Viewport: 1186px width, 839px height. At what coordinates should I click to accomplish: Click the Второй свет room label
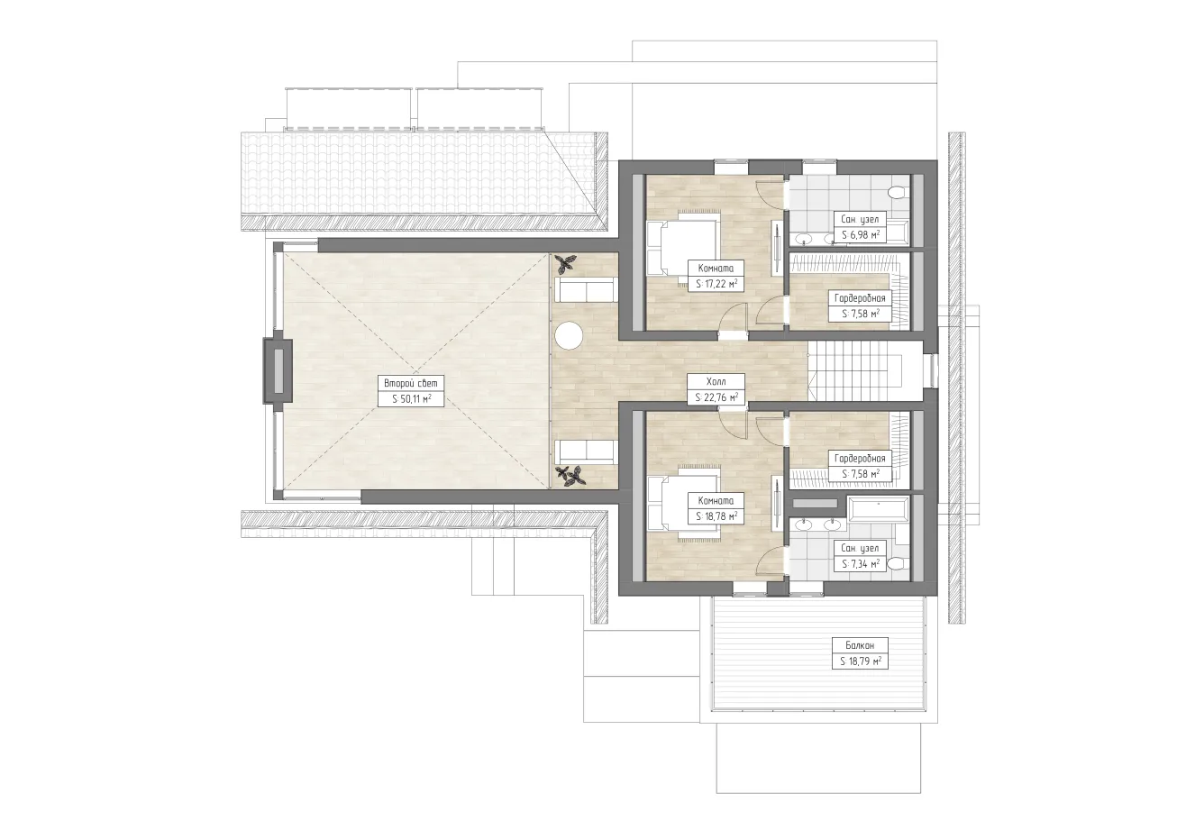click(x=411, y=383)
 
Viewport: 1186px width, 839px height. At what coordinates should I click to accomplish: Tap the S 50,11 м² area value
click(x=411, y=399)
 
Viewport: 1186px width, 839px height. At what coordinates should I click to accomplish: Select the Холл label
click(x=716, y=382)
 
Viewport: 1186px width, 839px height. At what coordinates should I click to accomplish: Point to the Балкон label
click(x=860, y=645)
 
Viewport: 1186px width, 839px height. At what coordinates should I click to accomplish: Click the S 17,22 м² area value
click(x=716, y=284)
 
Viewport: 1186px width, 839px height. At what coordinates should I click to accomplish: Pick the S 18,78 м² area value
click(x=716, y=516)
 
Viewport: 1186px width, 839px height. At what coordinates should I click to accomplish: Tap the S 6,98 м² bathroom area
click(x=861, y=235)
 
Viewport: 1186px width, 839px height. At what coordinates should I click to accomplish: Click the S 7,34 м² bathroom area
click(x=861, y=564)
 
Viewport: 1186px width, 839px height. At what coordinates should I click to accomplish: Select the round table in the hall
click(x=569, y=335)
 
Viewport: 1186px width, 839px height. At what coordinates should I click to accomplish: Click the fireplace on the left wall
click(x=278, y=371)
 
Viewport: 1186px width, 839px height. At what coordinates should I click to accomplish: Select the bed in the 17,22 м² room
click(x=683, y=248)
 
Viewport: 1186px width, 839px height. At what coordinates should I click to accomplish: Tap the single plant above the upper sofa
click(x=565, y=263)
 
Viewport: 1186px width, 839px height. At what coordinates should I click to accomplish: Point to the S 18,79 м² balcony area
click(x=861, y=661)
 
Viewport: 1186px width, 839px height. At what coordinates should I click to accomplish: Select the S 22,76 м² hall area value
click(x=716, y=397)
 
